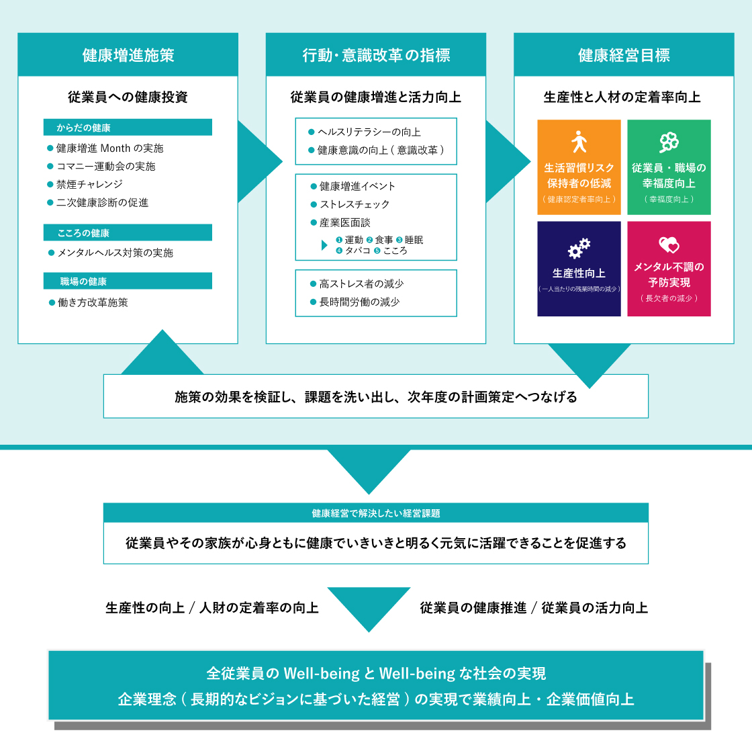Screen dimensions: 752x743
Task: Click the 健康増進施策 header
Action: click(x=128, y=54)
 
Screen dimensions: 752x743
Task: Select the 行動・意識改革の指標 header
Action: click(x=376, y=54)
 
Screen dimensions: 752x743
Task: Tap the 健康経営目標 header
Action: click(x=624, y=54)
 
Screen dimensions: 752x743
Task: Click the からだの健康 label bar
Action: click(x=128, y=127)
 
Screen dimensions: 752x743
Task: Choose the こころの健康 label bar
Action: click(x=128, y=232)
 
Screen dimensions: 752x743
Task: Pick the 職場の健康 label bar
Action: click(x=128, y=281)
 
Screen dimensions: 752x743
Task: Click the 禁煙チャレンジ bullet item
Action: click(x=85, y=184)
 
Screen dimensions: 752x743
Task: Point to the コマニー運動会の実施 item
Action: click(x=101, y=166)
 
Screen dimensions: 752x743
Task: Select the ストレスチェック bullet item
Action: click(x=350, y=204)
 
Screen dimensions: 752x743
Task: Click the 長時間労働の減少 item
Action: click(x=355, y=302)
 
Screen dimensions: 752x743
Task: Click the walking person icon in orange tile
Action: click(x=579, y=142)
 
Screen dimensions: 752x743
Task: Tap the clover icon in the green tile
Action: click(x=669, y=142)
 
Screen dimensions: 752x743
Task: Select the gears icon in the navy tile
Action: click(x=579, y=248)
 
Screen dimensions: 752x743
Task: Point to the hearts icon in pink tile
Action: click(x=669, y=245)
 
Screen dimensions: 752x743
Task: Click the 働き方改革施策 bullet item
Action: click(x=88, y=302)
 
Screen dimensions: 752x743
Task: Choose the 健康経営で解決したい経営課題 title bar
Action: click(x=376, y=513)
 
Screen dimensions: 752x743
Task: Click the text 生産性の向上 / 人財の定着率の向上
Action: click(x=212, y=608)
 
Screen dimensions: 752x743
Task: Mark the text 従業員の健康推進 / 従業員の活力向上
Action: click(x=534, y=608)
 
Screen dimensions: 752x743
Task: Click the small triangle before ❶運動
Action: click(x=324, y=245)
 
